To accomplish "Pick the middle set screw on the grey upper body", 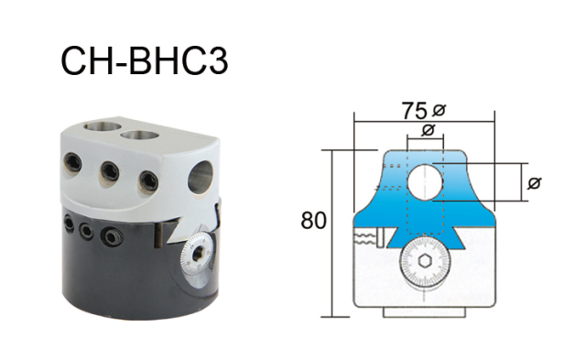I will [x=111, y=170].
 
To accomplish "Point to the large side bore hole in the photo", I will [x=202, y=175].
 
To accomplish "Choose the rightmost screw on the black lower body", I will [x=110, y=237].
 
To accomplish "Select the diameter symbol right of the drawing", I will [x=536, y=184].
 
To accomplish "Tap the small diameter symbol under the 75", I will [x=427, y=131].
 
